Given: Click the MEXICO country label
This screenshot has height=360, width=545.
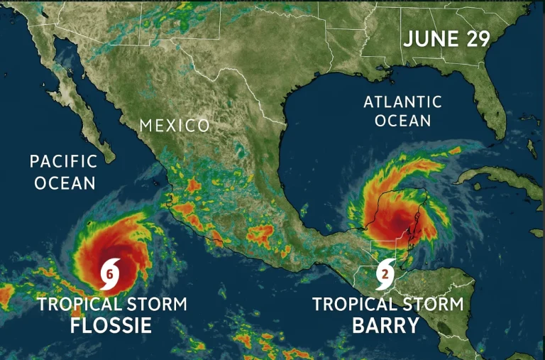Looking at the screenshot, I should click(175, 126).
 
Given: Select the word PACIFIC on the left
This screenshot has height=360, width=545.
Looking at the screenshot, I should click(64, 160).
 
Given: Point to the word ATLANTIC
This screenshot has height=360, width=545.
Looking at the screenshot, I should click(402, 102).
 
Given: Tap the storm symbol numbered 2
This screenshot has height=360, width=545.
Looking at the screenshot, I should click(385, 272).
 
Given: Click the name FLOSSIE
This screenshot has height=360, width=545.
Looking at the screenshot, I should click(111, 326).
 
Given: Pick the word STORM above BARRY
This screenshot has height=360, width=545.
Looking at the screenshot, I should click(429, 305).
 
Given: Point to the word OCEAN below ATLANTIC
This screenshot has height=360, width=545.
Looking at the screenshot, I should click(402, 121).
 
